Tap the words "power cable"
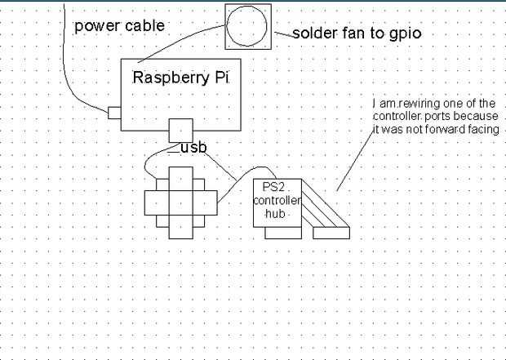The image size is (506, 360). [x=119, y=25]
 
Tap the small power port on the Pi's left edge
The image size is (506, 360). [x=114, y=112]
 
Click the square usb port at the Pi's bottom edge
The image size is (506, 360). [x=180, y=129]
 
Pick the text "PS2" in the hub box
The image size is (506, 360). [x=266, y=188]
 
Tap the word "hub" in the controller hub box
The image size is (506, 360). [x=277, y=213]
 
